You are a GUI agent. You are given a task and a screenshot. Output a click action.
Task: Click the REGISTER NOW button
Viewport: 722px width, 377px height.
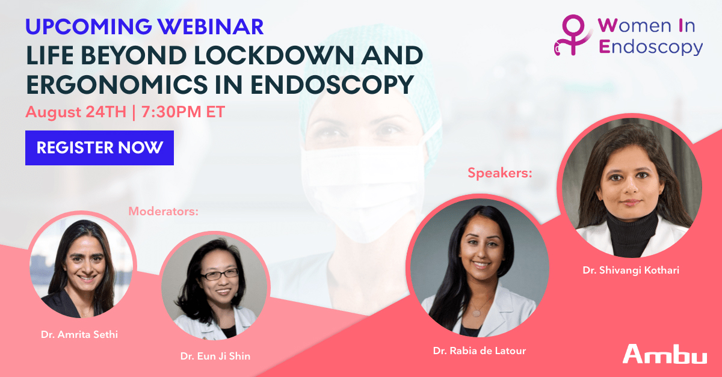[99, 148]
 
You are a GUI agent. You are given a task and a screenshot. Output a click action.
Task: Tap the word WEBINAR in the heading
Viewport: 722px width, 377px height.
[211, 26]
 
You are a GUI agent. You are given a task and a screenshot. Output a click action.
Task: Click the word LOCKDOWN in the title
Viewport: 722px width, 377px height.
[274, 56]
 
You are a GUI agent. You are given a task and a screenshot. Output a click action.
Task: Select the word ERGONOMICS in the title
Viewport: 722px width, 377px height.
[117, 85]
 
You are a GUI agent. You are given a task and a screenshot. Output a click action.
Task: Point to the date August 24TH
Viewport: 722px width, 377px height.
[76, 112]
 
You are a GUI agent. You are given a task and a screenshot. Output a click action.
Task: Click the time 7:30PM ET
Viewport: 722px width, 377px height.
[183, 112]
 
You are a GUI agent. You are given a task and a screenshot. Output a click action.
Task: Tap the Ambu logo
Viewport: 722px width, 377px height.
[665, 354]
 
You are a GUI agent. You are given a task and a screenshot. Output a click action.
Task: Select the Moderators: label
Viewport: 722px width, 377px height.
[164, 212]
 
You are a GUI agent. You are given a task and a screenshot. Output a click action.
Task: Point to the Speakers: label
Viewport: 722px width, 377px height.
[500, 173]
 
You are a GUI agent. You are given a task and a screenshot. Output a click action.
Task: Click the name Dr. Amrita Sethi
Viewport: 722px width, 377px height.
[79, 334]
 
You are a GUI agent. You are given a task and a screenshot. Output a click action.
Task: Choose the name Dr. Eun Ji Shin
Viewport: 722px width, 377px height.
[215, 356]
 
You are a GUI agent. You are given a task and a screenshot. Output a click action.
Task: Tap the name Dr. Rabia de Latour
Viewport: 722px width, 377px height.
[480, 351]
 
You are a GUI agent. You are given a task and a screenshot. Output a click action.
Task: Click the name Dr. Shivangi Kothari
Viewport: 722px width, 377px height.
[631, 270]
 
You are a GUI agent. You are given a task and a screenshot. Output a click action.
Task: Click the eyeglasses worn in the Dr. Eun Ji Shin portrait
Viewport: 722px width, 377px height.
[220, 275]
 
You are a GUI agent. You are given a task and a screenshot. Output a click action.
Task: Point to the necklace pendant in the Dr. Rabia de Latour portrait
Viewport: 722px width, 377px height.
[476, 313]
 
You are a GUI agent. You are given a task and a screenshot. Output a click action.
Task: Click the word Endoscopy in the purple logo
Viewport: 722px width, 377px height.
[651, 47]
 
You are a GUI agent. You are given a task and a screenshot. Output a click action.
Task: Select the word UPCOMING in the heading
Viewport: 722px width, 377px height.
[88, 26]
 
